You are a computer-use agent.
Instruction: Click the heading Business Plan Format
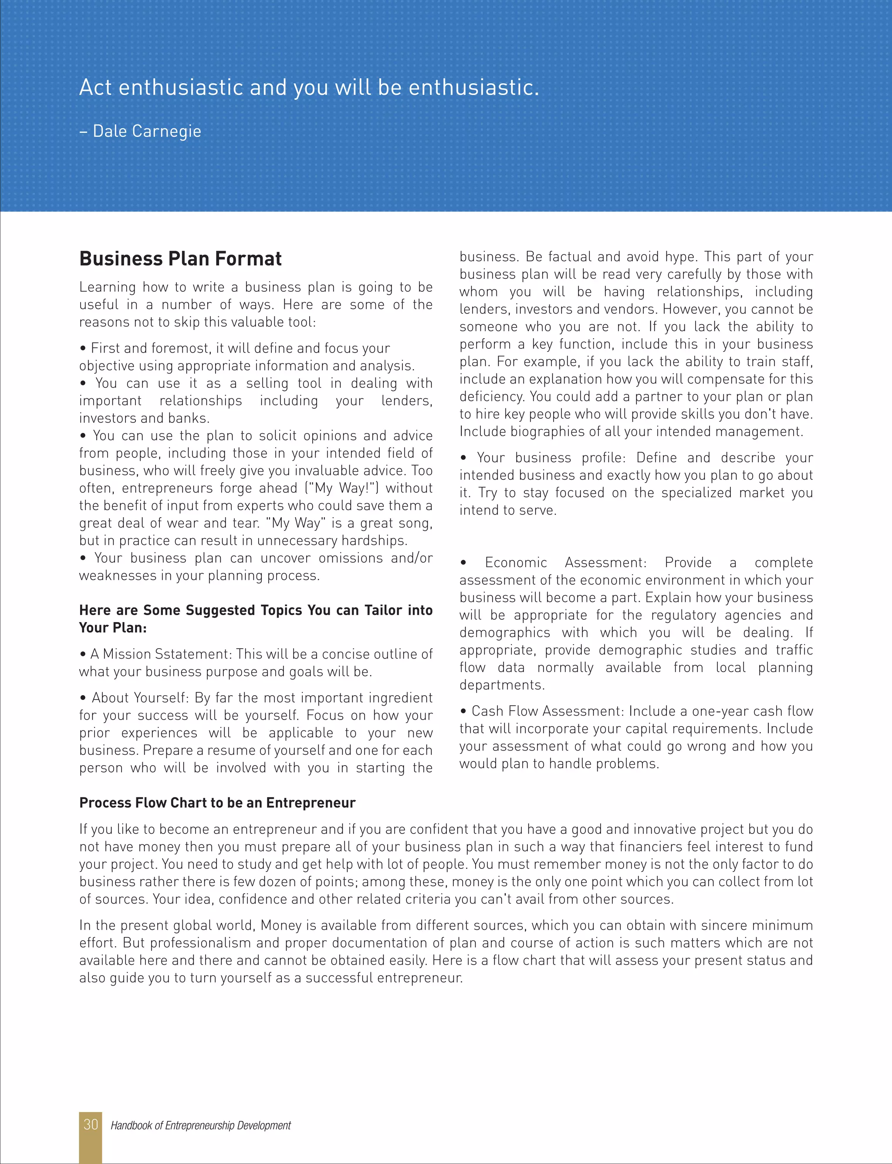pyautogui.click(x=180, y=259)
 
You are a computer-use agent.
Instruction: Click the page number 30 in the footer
pyautogui.click(x=90, y=1125)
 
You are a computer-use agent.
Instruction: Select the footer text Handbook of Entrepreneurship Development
pyautogui.click(x=200, y=1125)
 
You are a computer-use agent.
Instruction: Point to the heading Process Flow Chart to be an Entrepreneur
pyautogui.click(x=217, y=803)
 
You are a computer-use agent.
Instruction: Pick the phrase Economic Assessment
pyautogui.click(x=565, y=562)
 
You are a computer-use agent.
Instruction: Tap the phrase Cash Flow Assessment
pyautogui.click(x=547, y=711)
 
